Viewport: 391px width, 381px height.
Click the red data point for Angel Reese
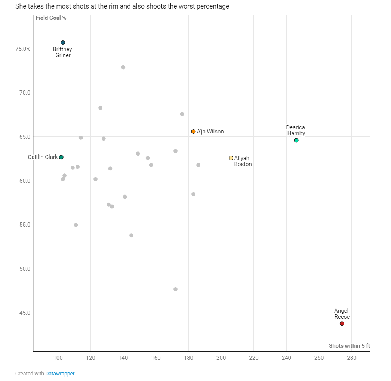(342, 323)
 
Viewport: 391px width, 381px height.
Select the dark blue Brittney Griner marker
(63, 43)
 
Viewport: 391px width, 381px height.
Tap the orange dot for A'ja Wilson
(193, 132)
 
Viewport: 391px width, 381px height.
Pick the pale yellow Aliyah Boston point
(231, 158)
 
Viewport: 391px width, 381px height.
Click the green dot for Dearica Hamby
(296, 141)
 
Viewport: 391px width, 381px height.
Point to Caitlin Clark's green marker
(61, 157)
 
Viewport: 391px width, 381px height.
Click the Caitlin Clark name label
(43, 157)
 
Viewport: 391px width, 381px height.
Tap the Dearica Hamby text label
(296, 130)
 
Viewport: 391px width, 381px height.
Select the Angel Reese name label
(342, 314)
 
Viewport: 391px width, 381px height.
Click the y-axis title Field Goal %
(51, 18)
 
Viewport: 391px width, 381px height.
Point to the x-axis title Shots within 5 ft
(349, 346)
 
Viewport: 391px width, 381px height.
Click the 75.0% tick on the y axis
(22, 49)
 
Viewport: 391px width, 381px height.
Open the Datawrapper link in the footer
(60, 374)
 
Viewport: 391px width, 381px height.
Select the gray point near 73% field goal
(123, 67)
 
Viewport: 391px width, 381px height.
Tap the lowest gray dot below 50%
(175, 289)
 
